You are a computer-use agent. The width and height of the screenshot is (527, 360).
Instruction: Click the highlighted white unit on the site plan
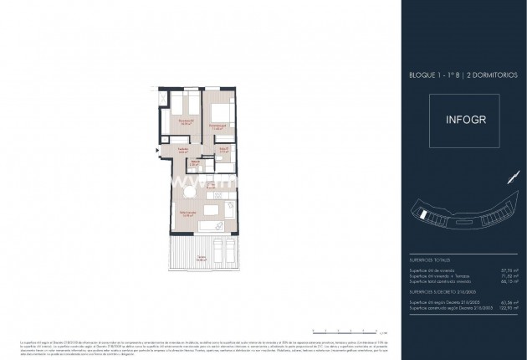(427, 214)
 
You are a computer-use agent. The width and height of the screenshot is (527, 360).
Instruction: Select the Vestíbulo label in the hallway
(182, 150)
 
